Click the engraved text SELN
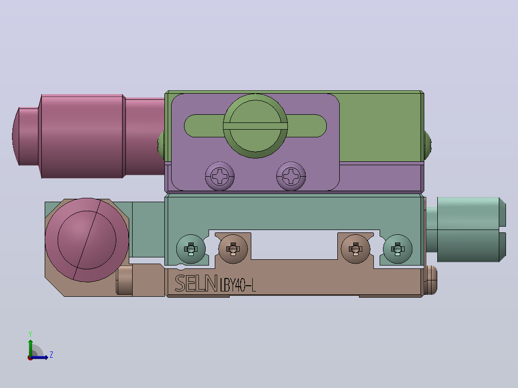coord(196,283)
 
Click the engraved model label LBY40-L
coord(238,285)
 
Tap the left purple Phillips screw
coord(220,176)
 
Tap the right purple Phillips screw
coord(291,176)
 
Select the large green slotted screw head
coord(255,126)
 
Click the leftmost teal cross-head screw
coord(191,249)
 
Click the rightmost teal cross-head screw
coord(398,249)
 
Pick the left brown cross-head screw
coord(233,249)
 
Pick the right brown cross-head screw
coord(356,249)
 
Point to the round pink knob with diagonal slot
coord(87,240)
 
